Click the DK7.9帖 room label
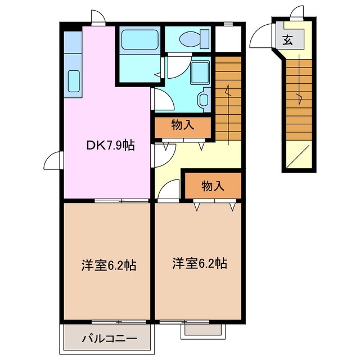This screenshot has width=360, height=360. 110,145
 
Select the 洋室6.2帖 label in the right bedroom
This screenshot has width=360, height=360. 200,263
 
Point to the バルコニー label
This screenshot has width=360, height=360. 108,339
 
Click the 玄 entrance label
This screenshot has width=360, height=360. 287,40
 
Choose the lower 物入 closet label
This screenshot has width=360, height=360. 213,186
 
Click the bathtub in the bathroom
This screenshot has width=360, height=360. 139,39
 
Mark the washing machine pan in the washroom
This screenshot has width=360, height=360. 199,73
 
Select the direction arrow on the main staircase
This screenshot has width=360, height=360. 228,90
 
